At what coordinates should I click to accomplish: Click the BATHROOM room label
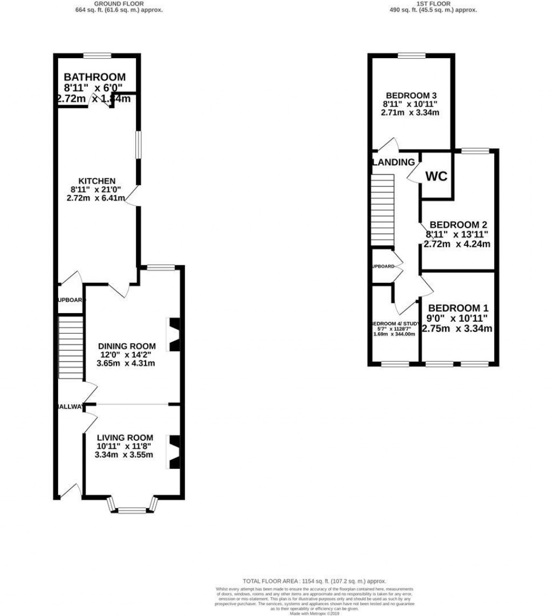click(94, 78)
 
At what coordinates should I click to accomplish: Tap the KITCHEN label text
click(96, 181)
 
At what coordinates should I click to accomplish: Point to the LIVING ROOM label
click(125, 438)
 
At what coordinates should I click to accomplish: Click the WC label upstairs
click(436, 177)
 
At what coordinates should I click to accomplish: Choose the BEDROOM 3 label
click(410, 95)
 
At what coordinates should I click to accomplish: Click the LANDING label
click(393, 162)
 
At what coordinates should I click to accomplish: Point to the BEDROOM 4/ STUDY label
click(394, 324)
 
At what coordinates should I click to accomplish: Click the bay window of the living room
click(132, 507)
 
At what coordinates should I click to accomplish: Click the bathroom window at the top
click(98, 55)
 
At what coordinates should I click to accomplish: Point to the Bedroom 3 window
click(411, 55)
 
